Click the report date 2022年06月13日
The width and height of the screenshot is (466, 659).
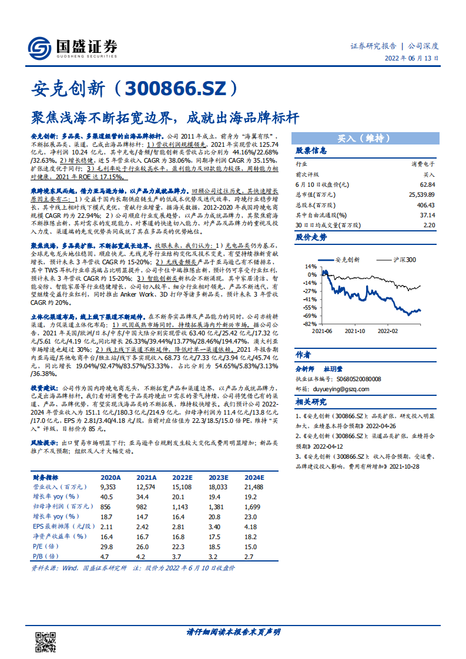(411, 59)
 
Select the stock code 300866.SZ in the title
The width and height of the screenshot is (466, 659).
(176, 89)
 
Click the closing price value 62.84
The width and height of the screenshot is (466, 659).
(427, 184)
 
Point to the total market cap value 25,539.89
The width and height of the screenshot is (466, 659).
(422, 194)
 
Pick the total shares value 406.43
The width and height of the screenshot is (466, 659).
(425, 205)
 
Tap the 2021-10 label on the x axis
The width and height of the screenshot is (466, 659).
(354, 331)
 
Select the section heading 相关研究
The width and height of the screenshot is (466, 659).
(311, 402)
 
